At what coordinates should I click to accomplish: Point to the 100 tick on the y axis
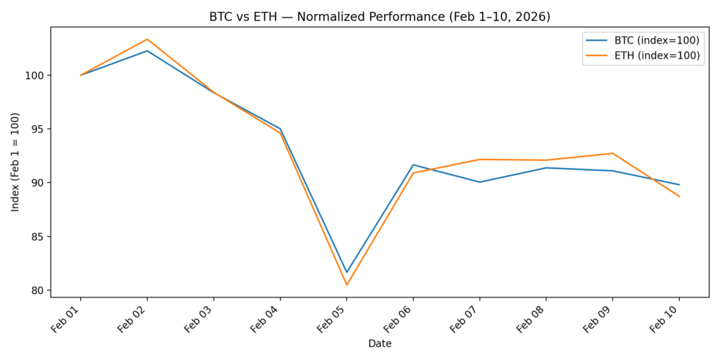36,75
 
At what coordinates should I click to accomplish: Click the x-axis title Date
380,344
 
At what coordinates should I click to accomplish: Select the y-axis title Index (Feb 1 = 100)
15,162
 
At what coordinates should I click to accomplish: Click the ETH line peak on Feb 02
147,39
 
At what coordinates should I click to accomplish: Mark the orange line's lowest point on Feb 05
347,285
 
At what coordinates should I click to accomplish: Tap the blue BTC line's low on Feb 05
347,272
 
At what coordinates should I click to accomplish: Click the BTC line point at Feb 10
679,185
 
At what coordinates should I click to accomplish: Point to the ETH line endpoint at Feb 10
679,196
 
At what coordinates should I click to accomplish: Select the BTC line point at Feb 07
480,182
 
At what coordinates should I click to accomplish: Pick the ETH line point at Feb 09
612,153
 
